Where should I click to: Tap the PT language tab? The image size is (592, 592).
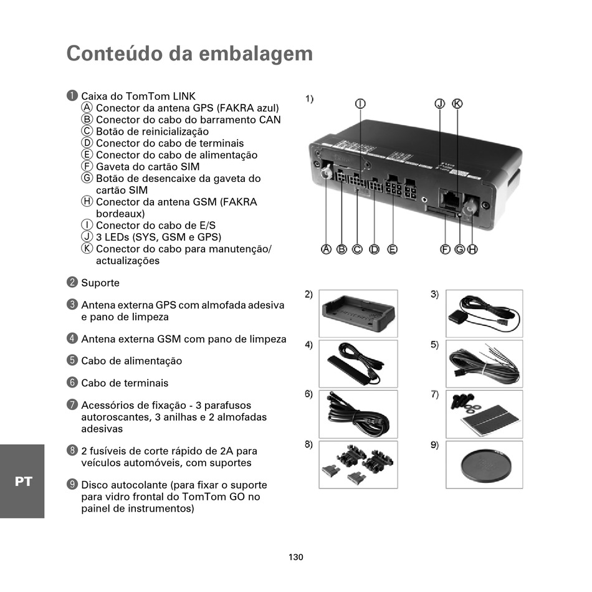pos(22,481)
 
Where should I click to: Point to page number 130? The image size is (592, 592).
pos(296,556)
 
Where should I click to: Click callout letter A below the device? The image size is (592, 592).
pos(326,249)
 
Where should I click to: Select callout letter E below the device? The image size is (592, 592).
pos(392,249)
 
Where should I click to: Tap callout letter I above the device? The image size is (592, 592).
pos(360,103)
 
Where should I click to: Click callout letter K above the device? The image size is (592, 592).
pos(457,103)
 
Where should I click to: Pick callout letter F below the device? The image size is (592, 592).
pos(445,249)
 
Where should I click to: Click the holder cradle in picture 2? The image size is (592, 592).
pos(358,313)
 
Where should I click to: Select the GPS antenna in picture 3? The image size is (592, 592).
pos(457,317)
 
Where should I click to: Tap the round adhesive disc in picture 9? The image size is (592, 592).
pos(484,465)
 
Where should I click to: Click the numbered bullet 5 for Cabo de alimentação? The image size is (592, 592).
pos(72,360)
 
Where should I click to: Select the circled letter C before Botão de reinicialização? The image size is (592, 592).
pos(87,131)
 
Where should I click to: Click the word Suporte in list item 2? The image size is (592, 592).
pos(100,283)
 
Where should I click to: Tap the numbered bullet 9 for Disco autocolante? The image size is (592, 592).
pos(72,484)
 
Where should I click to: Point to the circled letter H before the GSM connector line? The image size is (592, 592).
pos(87,202)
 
